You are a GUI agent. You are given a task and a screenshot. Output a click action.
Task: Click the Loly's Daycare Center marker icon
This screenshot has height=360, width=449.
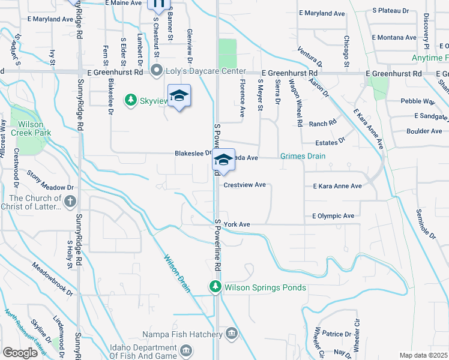(x=157, y=71)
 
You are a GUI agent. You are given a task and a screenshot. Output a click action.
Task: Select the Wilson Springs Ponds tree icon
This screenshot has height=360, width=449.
(x=215, y=287)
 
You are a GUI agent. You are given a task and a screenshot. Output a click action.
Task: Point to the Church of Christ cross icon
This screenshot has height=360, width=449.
(x=70, y=202)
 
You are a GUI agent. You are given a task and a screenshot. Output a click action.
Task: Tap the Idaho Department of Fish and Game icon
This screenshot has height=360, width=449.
(x=186, y=349)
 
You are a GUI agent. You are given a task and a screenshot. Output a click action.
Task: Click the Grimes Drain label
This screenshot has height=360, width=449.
(x=303, y=157)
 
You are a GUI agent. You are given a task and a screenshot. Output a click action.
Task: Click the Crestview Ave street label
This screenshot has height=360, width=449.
(x=244, y=185)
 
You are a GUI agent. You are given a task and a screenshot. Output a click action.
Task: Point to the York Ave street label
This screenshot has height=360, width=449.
(x=237, y=224)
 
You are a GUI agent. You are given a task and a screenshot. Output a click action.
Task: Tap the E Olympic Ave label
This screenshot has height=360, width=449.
(x=333, y=216)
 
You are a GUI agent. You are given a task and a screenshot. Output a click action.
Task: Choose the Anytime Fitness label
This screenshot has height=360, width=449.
(x=430, y=58)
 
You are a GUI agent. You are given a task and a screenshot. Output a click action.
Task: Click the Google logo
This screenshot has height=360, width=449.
(x=20, y=353)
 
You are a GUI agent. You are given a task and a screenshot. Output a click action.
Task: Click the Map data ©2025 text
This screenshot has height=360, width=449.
(x=423, y=355)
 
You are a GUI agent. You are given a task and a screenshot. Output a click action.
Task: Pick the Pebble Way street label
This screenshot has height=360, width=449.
(x=417, y=101)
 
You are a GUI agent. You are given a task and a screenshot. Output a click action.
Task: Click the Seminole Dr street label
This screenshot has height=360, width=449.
(x=427, y=224)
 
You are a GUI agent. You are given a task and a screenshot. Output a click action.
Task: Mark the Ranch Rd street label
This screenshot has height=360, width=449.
(x=323, y=124)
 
